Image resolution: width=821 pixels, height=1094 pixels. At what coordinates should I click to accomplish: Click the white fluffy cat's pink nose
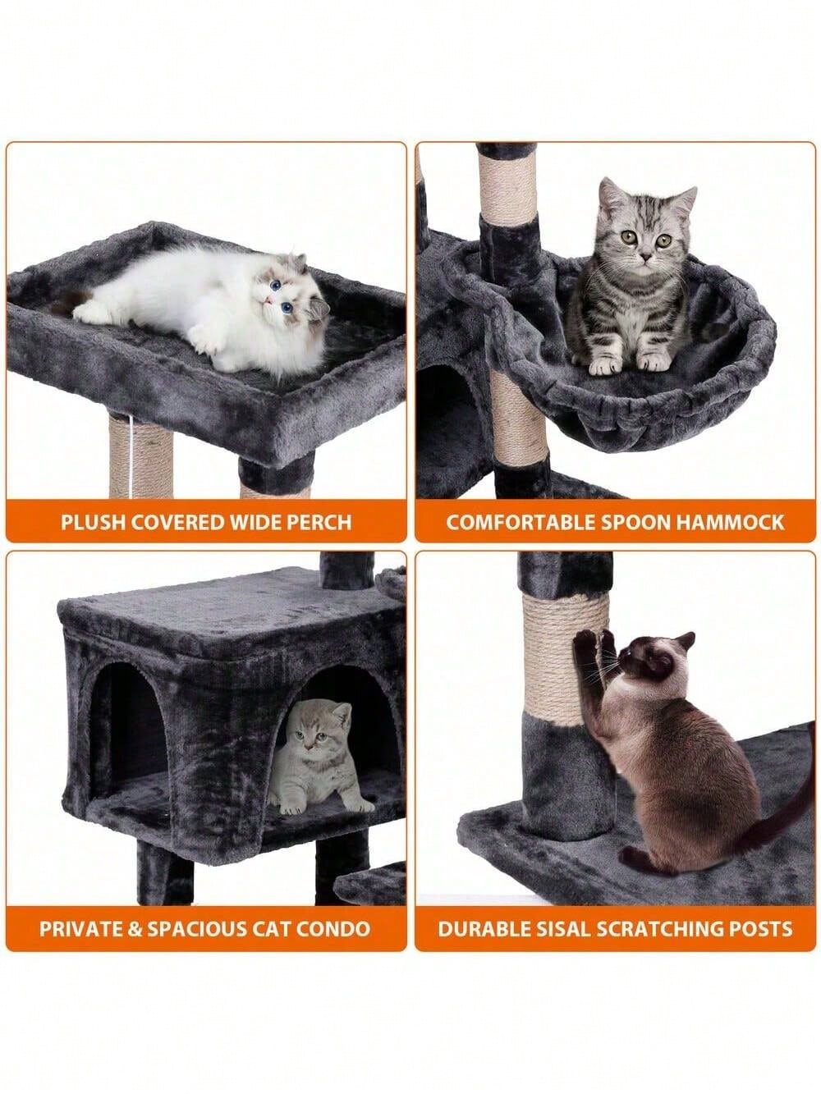(268, 300)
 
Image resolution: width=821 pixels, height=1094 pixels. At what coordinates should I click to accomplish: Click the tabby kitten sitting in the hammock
(632, 278)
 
